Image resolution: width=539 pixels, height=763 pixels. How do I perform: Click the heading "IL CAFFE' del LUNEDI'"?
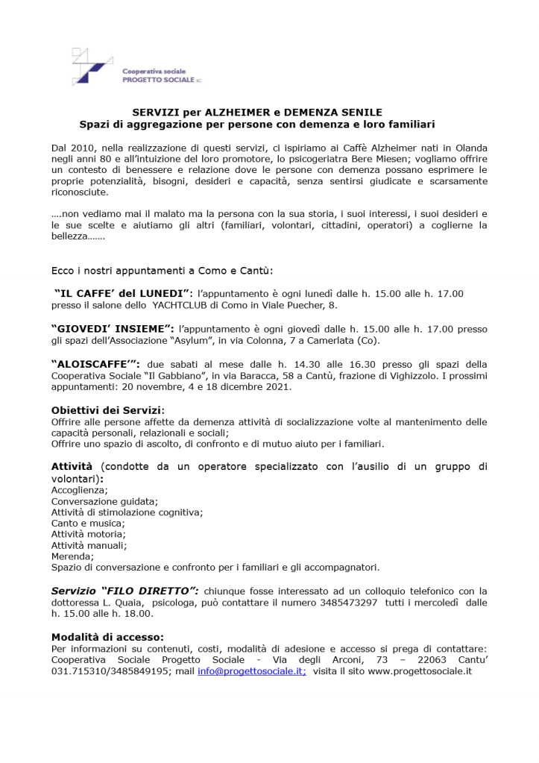tap(124, 294)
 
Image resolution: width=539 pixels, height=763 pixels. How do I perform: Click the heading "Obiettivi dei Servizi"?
tap(107, 410)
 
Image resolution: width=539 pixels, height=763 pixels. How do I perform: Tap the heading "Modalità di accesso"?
tap(107, 637)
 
